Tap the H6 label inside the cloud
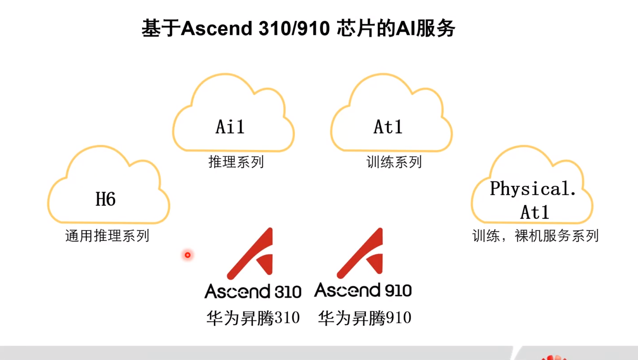(106, 199)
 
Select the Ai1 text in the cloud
(230, 127)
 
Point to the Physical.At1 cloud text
(533, 200)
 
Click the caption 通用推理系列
(107, 235)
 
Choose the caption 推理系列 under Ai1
(236, 162)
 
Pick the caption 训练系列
(394, 162)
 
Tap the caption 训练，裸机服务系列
(535, 235)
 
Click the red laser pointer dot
(188, 255)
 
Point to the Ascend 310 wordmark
(253, 291)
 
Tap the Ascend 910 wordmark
(363, 290)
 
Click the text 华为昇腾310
(253, 318)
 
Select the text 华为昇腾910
(365, 318)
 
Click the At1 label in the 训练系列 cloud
(388, 127)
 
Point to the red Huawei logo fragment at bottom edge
(554, 357)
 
